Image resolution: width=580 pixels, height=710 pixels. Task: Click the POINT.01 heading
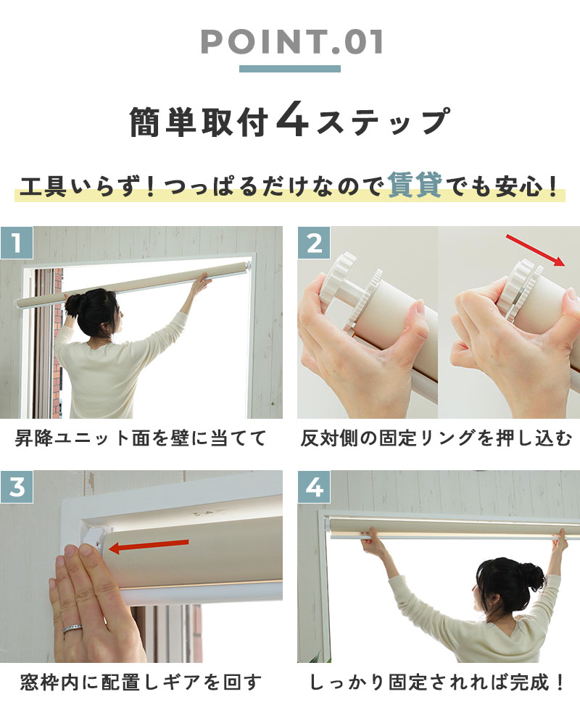point(291,42)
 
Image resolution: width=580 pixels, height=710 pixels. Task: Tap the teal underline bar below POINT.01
point(290,69)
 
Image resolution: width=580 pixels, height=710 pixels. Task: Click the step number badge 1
point(16,243)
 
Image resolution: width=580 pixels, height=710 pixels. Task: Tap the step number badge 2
point(313,243)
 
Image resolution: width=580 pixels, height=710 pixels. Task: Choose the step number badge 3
point(16,487)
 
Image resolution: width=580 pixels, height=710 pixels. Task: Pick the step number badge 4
point(313,487)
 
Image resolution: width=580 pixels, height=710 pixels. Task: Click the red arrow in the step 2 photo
point(535,250)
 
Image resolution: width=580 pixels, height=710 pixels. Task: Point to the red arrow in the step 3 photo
point(149,546)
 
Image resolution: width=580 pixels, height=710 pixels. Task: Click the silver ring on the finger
point(72,629)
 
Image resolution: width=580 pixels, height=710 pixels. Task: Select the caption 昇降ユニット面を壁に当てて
point(141,438)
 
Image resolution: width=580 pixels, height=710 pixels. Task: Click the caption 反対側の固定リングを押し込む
point(436,438)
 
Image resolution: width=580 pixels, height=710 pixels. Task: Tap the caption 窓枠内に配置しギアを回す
point(141,682)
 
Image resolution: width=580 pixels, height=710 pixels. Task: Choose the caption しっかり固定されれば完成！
point(436,682)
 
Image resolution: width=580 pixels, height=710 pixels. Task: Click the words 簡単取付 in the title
point(199,122)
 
